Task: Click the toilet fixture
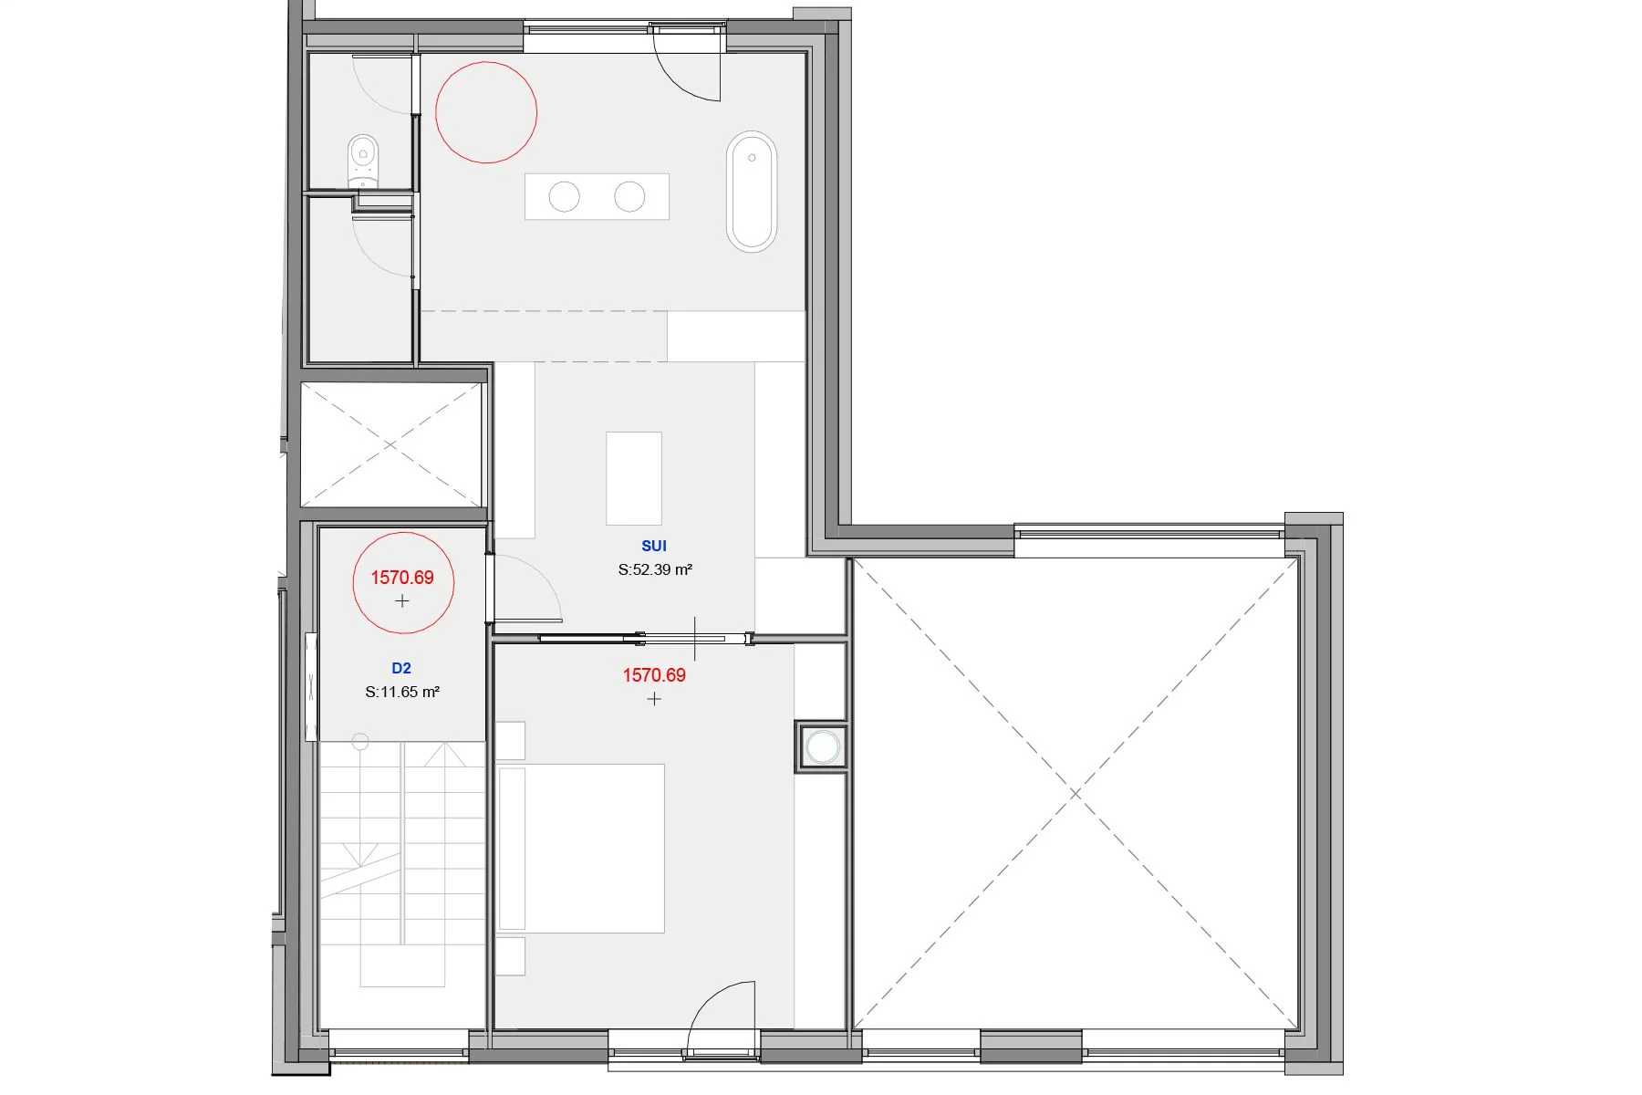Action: pyautogui.click(x=363, y=162)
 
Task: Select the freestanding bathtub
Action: pyautogui.click(x=752, y=192)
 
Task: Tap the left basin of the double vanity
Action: pyautogui.click(x=564, y=196)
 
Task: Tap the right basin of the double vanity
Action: pyautogui.click(x=629, y=196)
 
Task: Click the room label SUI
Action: pyautogui.click(x=654, y=546)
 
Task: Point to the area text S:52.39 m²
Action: pyautogui.click(x=655, y=569)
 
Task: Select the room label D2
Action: pyautogui.click(x=401, y=668)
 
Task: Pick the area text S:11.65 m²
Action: pyautogui.click(x=402, y=692)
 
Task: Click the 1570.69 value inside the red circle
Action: pyautogui.click(x=402, y=578)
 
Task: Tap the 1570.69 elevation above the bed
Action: pyautogui.click(x=654, y=675)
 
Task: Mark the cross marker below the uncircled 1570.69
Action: pyautogui.click(x=654, y=699)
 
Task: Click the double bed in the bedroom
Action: pyautogui.click(x=581, y=849)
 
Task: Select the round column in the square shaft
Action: pyautogui.click(x=823, y=747)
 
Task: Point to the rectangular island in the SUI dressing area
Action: pyautogui.click(x=634, y=479)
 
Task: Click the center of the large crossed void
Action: pyautogui.click(x=1076, y=794)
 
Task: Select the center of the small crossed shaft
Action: pyautogui.click(x=390, y=444)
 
